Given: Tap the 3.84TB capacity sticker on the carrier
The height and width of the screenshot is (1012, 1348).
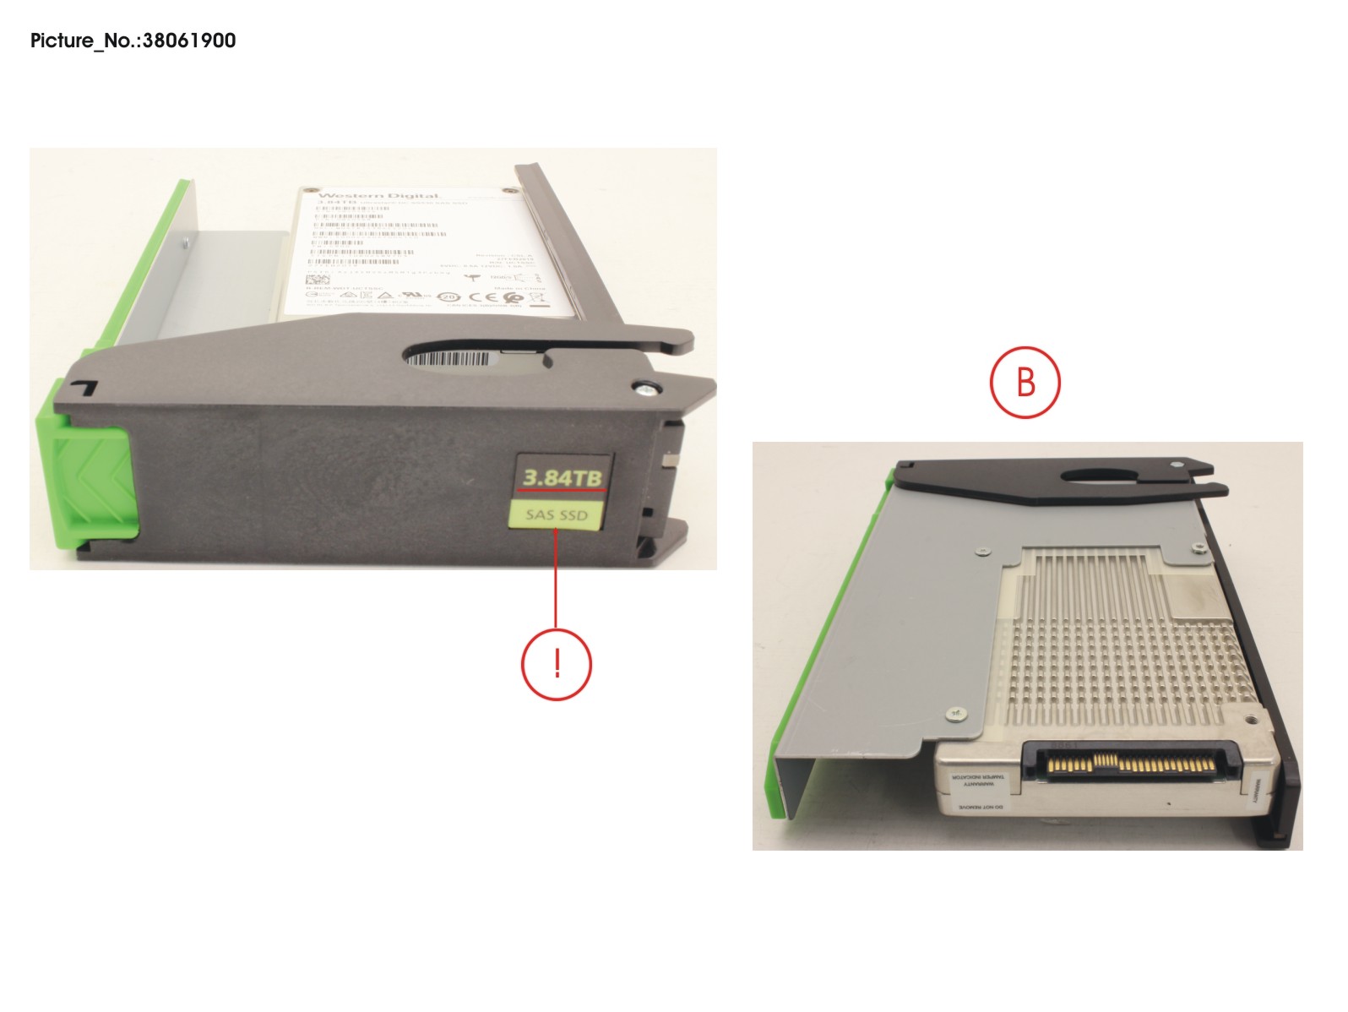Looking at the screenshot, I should pos(562,478).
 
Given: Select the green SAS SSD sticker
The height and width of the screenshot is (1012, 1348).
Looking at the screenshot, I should pos(556,514).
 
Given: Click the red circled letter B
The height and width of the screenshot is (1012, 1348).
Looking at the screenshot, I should pos(1025,381).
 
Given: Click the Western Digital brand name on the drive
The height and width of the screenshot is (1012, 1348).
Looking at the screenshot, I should pos(378,196).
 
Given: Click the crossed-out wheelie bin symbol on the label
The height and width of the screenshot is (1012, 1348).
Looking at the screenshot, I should pos(536,297).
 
